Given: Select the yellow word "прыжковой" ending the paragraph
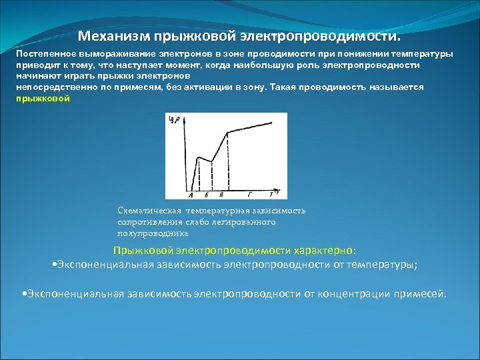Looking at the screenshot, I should tap(43, 98).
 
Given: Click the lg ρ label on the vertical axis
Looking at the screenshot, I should tap(175, 120).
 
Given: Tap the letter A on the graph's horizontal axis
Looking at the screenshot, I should tap(191, 195).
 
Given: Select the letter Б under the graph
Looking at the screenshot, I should tap(206, 195).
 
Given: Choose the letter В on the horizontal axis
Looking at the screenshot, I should tap(221, 195).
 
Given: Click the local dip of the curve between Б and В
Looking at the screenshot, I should tap(211, 161).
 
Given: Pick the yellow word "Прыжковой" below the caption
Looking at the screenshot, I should tap(143, 251).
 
